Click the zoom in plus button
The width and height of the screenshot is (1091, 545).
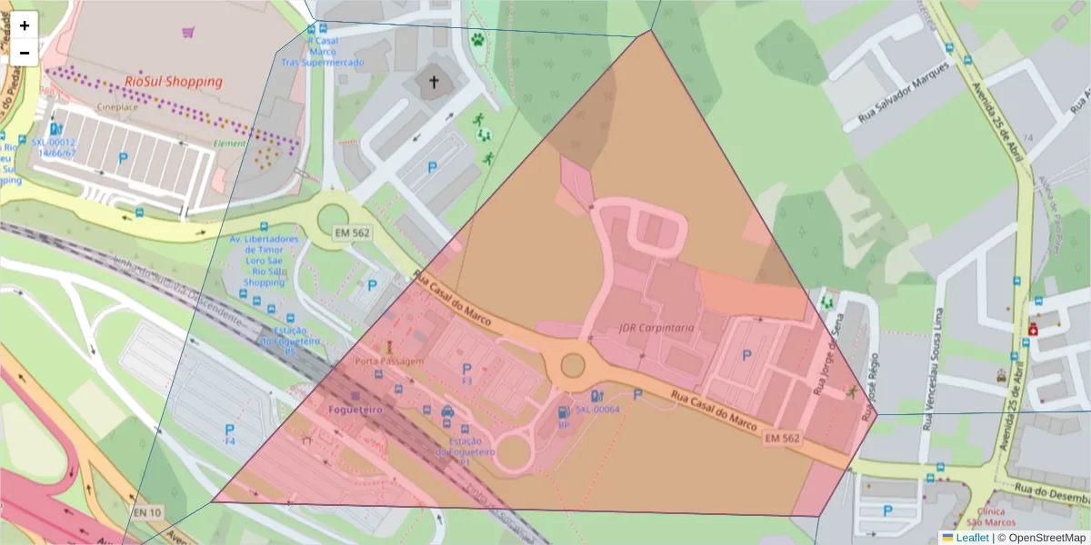click(x=25, y=25)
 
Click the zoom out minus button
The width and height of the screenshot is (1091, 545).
click(x=25, y=53)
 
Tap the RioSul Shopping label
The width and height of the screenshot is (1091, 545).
click(x=173, y=81)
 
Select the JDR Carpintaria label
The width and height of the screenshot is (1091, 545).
click(x=656, y=327)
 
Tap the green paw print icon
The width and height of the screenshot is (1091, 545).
click(x=477, y=39)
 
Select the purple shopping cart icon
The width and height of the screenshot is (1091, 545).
click(x=187, y=33)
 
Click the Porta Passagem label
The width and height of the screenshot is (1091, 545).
click(x=389, y=361)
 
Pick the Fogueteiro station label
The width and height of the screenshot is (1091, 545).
click(x=355, y=409)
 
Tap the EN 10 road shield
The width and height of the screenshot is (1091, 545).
click(x=146, y=513)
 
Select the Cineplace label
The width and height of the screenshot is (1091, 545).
click(x=117, y=106)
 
